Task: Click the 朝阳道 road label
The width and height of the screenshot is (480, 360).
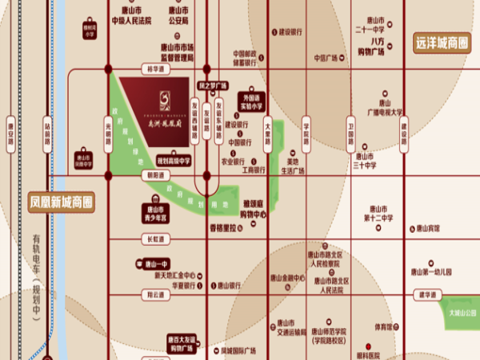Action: coord(154,174)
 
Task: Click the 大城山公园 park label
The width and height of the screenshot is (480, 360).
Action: coord(462,312)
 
